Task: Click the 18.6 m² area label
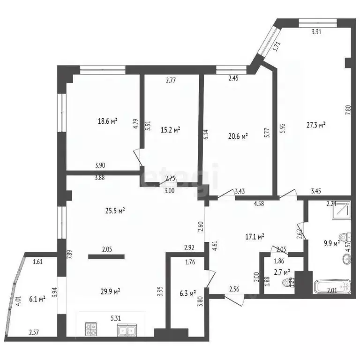(107, 121)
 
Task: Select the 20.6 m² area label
(238, 136)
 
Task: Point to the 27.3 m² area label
(316, 125)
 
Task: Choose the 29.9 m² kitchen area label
(111, 291)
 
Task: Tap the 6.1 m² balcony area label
(36, 299)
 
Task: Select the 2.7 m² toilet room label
(281, 271)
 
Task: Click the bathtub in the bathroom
(331, 287)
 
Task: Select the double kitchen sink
(127, 331)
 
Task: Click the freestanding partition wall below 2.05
(106, 256)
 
